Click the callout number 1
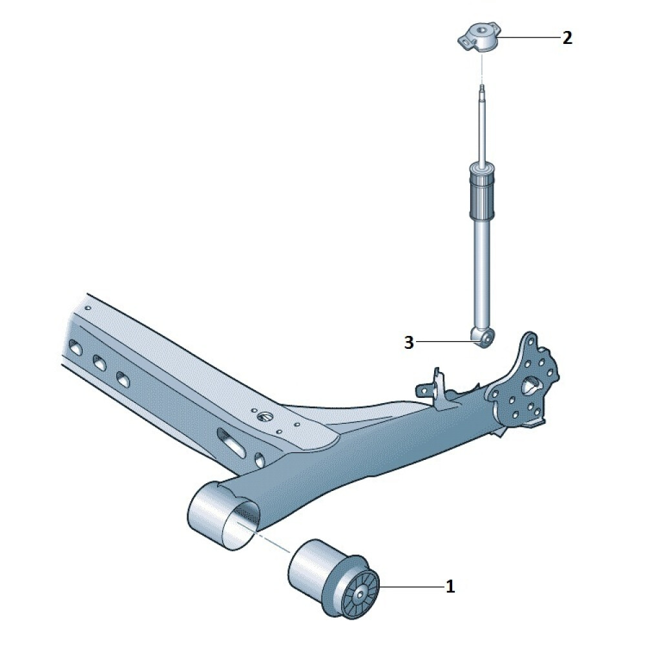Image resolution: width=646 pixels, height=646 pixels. tap(450, 586)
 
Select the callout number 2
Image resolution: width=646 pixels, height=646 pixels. tap(567, 38)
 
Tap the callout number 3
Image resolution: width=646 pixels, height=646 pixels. tap(408, 342)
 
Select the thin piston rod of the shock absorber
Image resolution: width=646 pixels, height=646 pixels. tap(482, 123)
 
